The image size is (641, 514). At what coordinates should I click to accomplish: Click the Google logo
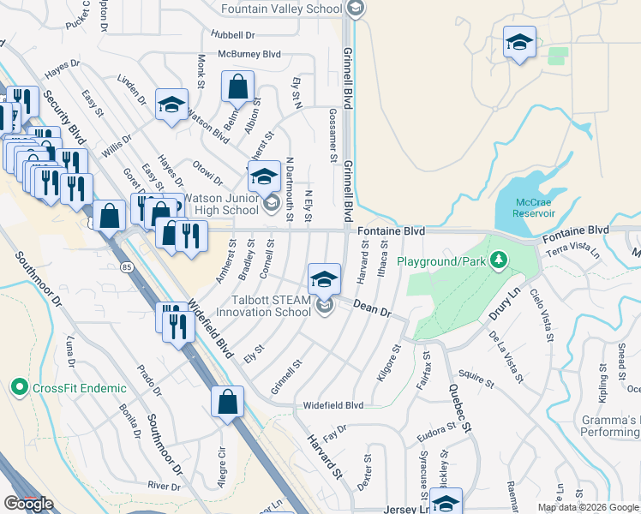point(28,504)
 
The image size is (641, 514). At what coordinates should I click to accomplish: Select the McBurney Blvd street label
point(250,53)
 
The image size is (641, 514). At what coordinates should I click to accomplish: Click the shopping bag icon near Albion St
point(238,87)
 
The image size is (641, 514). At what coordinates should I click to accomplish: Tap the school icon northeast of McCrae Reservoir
point(518,43)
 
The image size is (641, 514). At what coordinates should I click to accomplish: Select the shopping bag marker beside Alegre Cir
point(228,402)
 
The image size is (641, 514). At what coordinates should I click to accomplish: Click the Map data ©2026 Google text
point(589,507)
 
